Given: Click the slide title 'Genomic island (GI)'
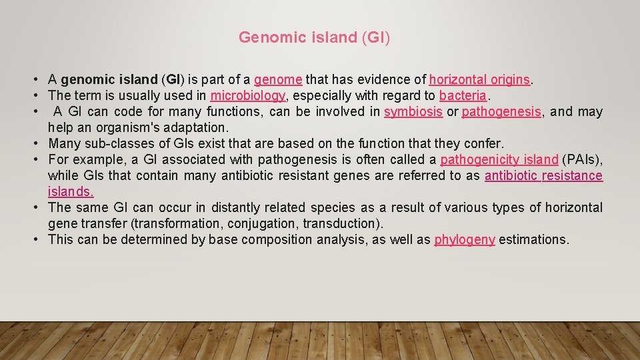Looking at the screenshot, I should pos(314,37).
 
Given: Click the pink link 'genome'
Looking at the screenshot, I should pos(278,80).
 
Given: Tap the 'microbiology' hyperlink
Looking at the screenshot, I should pos(248,96).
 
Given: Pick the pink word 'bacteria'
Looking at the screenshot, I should pos(463,96).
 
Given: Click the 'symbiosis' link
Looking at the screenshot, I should pos(413,112).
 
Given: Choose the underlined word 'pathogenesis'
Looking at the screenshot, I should pos(501,112).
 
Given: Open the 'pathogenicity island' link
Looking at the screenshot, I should pos(499,160).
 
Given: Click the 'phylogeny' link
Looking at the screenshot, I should pos(465,240).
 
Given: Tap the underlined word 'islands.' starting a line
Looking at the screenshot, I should pos(71,192).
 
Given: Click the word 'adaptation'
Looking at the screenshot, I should pos(199,128).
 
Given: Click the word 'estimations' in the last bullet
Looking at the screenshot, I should pos(533,240).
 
